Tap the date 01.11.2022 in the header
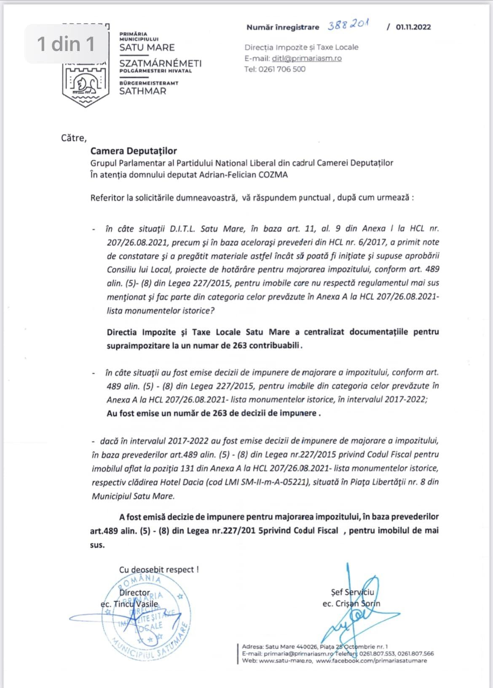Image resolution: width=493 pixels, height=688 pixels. pyautogui.click(x=413, y=27)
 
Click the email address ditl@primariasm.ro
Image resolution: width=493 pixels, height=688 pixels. pyautogui.click(x=307, y=59)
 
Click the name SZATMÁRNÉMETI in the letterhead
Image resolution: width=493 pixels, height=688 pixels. pyautogui.click(x=161, y=63)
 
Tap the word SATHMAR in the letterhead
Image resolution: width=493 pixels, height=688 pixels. pyautogui.click(x=143, y=91)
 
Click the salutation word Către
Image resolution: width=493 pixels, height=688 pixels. pyautogui.click(x=74, y=138)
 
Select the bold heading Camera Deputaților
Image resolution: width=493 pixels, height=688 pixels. pyautogui.click(x=134, y=151)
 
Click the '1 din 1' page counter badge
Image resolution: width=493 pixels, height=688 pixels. pyautogui.click(x=66, y=44)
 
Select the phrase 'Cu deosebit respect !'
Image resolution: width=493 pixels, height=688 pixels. pyautogui.click(x=159, y=570)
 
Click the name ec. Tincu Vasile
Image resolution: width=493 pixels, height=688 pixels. pyautogui.click(x=129, y=604)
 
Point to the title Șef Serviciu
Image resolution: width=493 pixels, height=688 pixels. pyautogui.click(x=352, y=592)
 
